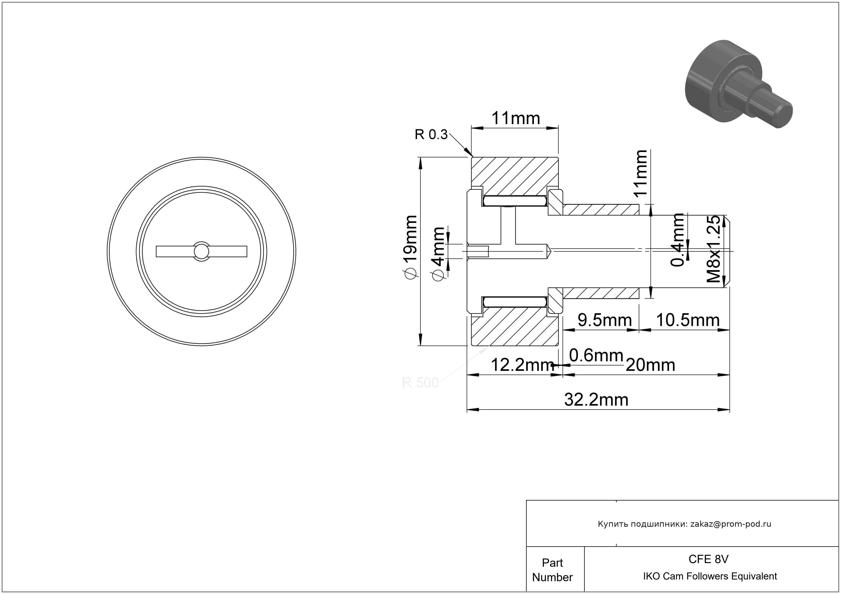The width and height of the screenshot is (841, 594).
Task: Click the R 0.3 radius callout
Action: point(431,135)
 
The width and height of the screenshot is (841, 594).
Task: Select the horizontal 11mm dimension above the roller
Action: point(515,118)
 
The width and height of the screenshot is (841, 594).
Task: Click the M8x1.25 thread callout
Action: point(713,249)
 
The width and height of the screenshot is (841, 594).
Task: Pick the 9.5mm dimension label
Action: point(605,320)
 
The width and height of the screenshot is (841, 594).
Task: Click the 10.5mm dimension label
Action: point(687,320)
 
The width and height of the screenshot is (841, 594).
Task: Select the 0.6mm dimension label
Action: point(596,355)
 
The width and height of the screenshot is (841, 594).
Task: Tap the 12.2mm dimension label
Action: point(522,365)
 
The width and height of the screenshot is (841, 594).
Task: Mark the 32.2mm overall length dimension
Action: point(596,400)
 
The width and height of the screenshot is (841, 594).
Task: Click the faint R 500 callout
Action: point(420,383)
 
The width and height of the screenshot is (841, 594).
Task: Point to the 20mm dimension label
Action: point(650,365)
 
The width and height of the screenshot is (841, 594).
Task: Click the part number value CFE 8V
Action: point(708,559)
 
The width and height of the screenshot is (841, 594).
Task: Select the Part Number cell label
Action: point(552,570)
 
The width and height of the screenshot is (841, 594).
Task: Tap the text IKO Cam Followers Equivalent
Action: point(710,576)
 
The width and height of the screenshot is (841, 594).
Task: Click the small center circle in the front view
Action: point(201,251)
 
